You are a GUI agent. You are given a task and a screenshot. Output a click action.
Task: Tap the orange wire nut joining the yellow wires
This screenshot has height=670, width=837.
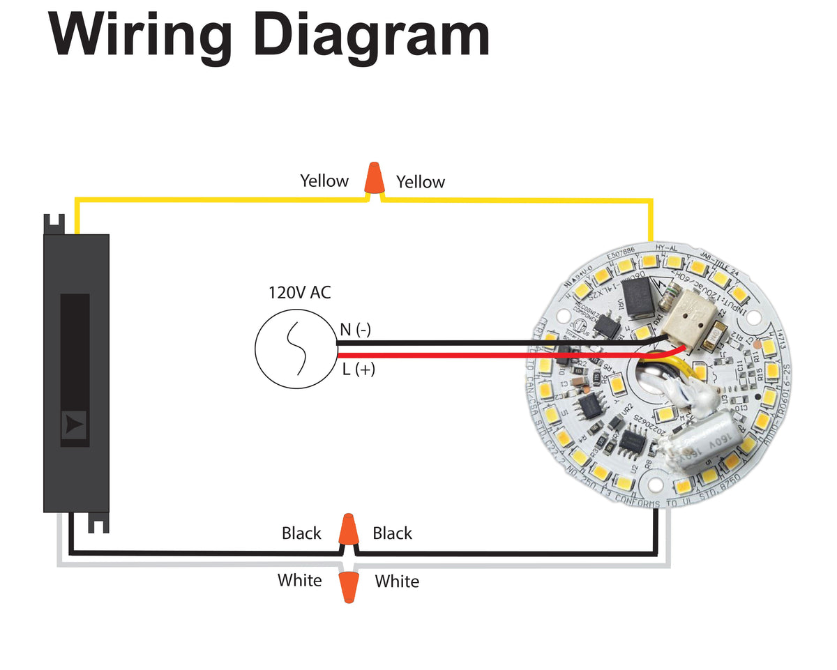pyautogui.click(x=375, y=178)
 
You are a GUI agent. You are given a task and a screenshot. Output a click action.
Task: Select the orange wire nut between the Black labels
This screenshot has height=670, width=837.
pyautogui.click(x=348, y=530)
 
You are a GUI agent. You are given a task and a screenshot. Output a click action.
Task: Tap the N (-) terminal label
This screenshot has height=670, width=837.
pyautogui.click(x=356, y=330)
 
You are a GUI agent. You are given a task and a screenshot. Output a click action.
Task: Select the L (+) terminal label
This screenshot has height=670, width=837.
pyautogui.click(x=359, y=370)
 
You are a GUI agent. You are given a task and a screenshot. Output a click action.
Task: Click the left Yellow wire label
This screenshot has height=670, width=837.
pyautogui.click(x=324, y=181)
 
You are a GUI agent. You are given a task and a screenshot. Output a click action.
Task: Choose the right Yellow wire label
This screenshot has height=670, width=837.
pyautogui.click(x=421, y=183)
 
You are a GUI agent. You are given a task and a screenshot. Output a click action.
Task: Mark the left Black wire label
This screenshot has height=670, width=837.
pyautogui.click(x=301, y=533)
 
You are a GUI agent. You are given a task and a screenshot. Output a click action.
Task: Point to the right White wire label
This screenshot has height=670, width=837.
pyautogui.click(x=397, y=581)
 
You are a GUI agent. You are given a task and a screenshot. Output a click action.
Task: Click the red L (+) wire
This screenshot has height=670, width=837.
pyautogui.click(x=488, y=356)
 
